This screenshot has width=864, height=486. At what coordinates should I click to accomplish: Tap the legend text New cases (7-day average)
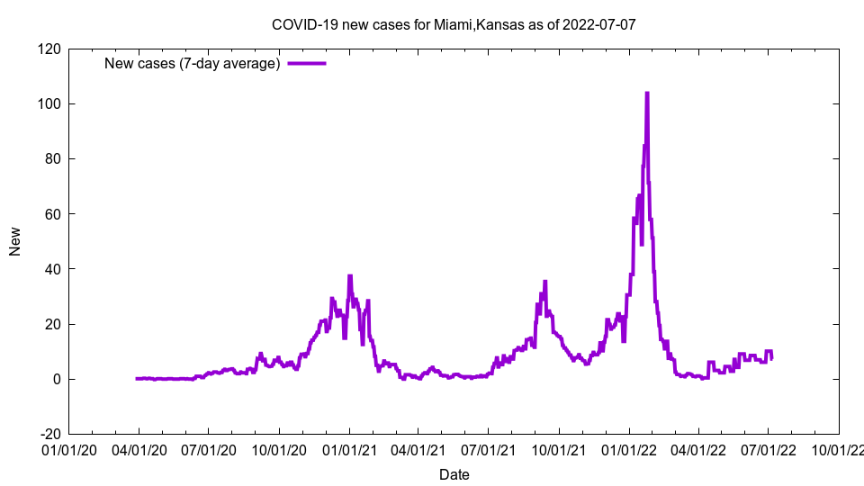193,63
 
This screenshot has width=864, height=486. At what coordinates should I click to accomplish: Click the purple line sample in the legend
306,63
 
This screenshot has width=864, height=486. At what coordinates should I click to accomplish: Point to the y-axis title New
15,241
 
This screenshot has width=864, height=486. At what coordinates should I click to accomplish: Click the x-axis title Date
454,474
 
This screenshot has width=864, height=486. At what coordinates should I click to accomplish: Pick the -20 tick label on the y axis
49,434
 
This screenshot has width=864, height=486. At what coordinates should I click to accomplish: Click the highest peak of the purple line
646,93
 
